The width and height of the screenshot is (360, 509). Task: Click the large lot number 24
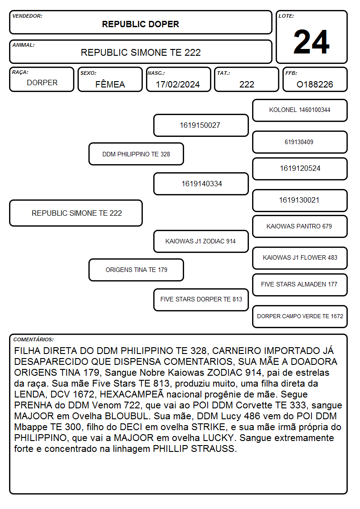point(311,42)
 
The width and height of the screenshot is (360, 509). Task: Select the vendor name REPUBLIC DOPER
point(141,24)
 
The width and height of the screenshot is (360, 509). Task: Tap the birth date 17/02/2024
point(178,84)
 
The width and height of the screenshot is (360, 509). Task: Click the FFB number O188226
point(315,84)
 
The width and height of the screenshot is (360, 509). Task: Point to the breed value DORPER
point(42,83)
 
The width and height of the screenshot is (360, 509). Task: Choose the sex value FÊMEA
point(110,84)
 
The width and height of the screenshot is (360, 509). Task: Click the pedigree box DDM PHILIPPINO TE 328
point(136,154)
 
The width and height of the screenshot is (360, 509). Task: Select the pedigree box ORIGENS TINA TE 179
point(136,270)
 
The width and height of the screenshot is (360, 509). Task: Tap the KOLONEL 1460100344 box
point(300,111)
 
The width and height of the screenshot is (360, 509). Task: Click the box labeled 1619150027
point(201,125)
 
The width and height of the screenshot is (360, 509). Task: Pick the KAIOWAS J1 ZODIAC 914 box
point(201,241)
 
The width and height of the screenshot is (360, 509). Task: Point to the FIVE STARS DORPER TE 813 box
point(201,300)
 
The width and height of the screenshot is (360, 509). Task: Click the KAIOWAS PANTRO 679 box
point(300,226)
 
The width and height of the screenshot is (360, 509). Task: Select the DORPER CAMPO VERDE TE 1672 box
point(300,316)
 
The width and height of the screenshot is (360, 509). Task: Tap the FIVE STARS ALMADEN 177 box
point(300,285)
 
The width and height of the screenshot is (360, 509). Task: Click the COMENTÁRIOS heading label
point(34,339)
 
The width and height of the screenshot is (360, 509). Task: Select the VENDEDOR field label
point(27,16)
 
